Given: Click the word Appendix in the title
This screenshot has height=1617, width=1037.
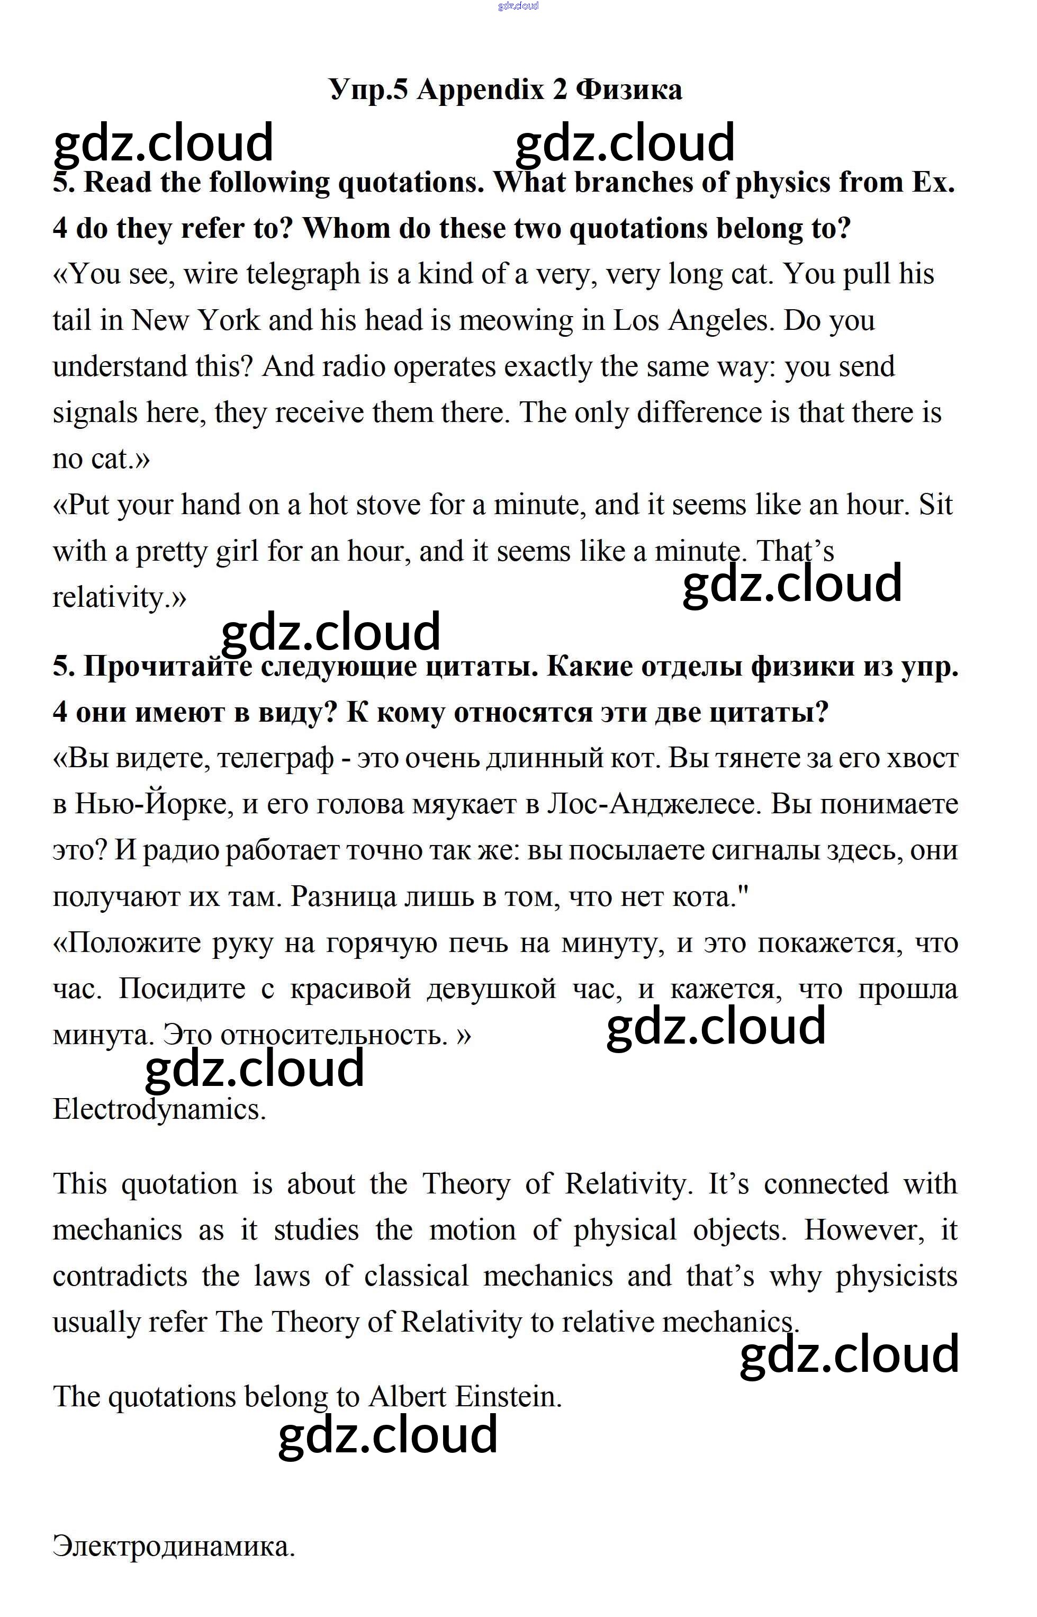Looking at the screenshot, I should [x=480, y=89].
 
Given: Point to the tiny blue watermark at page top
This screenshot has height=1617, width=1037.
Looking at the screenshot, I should [x=518, y=6].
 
